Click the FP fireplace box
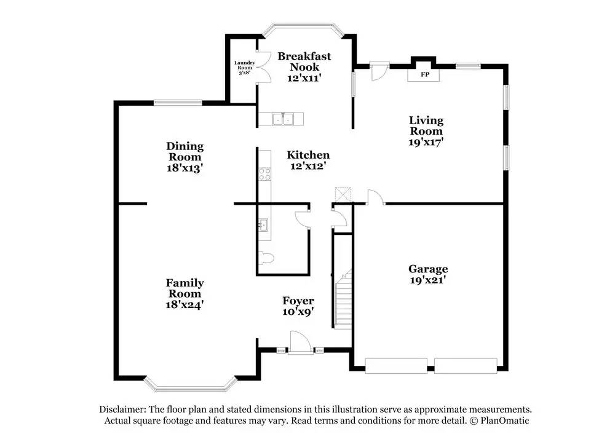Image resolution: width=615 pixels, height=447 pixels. [424, 74]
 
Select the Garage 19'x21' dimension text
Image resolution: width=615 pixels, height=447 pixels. [427, 280]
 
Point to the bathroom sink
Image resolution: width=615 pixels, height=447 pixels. [263, 225]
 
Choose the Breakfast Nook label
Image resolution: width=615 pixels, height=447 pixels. [304, 61]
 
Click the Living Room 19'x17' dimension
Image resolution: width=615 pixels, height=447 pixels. [427, 141]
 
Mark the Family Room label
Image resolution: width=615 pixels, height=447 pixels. [184, 288]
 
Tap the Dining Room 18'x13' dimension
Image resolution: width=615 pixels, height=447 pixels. [184, 167]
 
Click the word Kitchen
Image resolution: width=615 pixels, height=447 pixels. [308, 155]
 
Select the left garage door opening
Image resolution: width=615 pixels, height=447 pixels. [397, 365]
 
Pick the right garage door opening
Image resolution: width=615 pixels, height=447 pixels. [466, 365]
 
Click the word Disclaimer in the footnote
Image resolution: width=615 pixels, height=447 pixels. [121, 409]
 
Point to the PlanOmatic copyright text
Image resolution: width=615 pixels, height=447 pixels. [498, 421]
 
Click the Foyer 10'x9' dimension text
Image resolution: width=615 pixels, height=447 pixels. [298, 311]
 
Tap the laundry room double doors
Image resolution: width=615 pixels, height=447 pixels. [263, 66]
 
